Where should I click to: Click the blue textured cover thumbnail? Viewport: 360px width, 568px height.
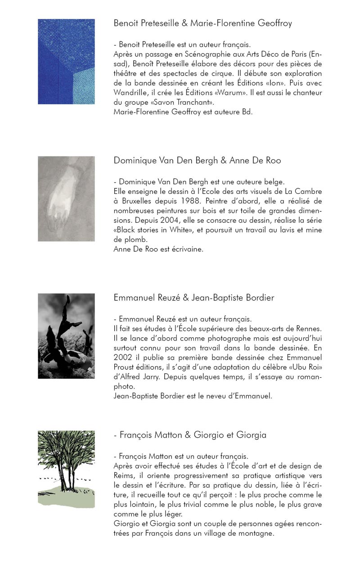pyautogui.click(x=66, y=62)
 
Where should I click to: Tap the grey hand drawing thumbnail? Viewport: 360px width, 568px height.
pyautogui.click(x=66, y=199)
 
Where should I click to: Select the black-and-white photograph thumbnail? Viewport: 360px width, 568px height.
pyautogui.click(x=66, y=336)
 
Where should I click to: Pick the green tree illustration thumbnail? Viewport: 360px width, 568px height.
pyautogui.click(x=66, y=469)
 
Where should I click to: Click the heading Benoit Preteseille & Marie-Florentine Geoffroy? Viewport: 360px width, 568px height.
pyautogui.click(x=202, y=23)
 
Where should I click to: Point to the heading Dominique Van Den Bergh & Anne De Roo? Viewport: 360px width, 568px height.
pyautogui.click(x=197, y=161)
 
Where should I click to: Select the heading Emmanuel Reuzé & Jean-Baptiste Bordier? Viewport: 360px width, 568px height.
pyautogui.click(x=194, y=298)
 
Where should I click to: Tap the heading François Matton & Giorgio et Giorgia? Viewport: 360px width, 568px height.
pyautogui.click(x=190, y=435)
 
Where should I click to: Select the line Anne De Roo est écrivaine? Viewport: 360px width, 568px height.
pyautogui.click(x=158, y=249)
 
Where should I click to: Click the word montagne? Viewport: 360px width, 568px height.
pyautogui.click(x=258, y=533)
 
